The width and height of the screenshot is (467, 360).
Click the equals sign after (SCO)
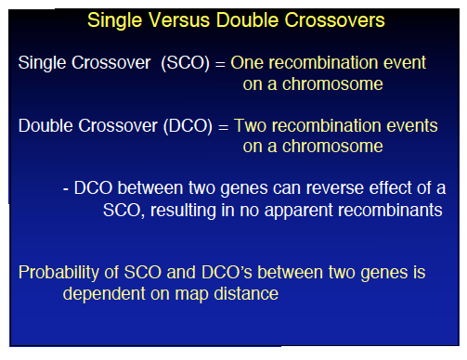[220, 63]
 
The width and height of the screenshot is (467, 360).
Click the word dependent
[101, 295]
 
